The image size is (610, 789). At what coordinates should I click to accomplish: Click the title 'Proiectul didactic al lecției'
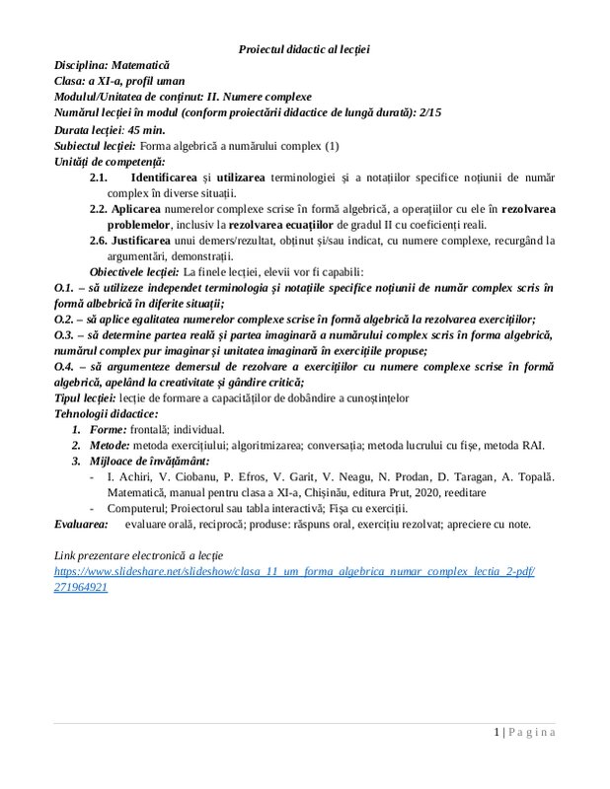point(304,48)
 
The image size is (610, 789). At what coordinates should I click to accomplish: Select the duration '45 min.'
point(143,129)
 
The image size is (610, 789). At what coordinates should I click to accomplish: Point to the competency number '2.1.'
point(99,177)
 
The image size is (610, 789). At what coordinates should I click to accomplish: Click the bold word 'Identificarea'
point(163,177)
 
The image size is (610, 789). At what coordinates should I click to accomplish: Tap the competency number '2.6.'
point(99,240)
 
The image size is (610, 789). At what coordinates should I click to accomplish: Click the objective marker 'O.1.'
point(64,287)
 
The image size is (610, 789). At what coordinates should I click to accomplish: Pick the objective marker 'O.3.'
point(64,334)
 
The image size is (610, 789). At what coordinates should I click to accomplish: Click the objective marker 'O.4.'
point(64,367)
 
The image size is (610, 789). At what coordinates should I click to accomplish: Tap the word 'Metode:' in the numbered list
point(112,445)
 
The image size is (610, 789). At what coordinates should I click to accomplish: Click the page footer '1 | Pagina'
point(524,732)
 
